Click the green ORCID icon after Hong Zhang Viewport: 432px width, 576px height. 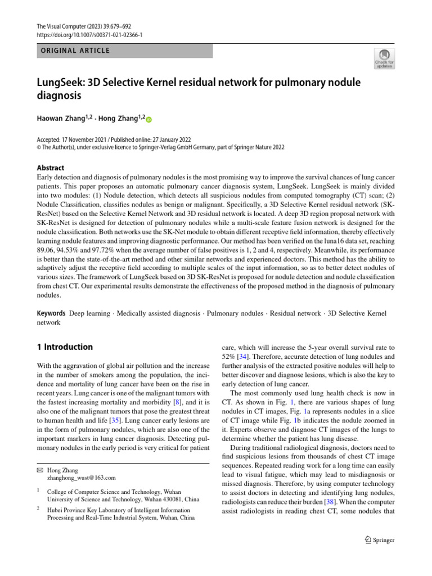(x=150, y=119)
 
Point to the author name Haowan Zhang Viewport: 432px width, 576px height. (x=60, y=119)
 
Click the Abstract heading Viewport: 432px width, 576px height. (x=50, y=168)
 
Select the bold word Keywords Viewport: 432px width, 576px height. (x=50, y=312)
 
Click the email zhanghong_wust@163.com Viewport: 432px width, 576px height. (x=83, y=478)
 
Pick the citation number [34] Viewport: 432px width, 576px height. (x=244, y=357)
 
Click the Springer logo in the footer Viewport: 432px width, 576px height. (x=380, y=540)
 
